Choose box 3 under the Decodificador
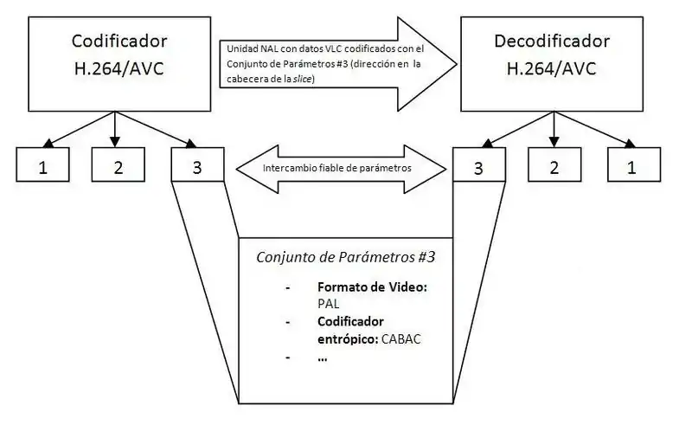point(478,166)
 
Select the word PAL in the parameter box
point(328,304)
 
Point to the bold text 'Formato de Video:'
point(372,287)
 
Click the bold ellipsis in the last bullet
point(323,357)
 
